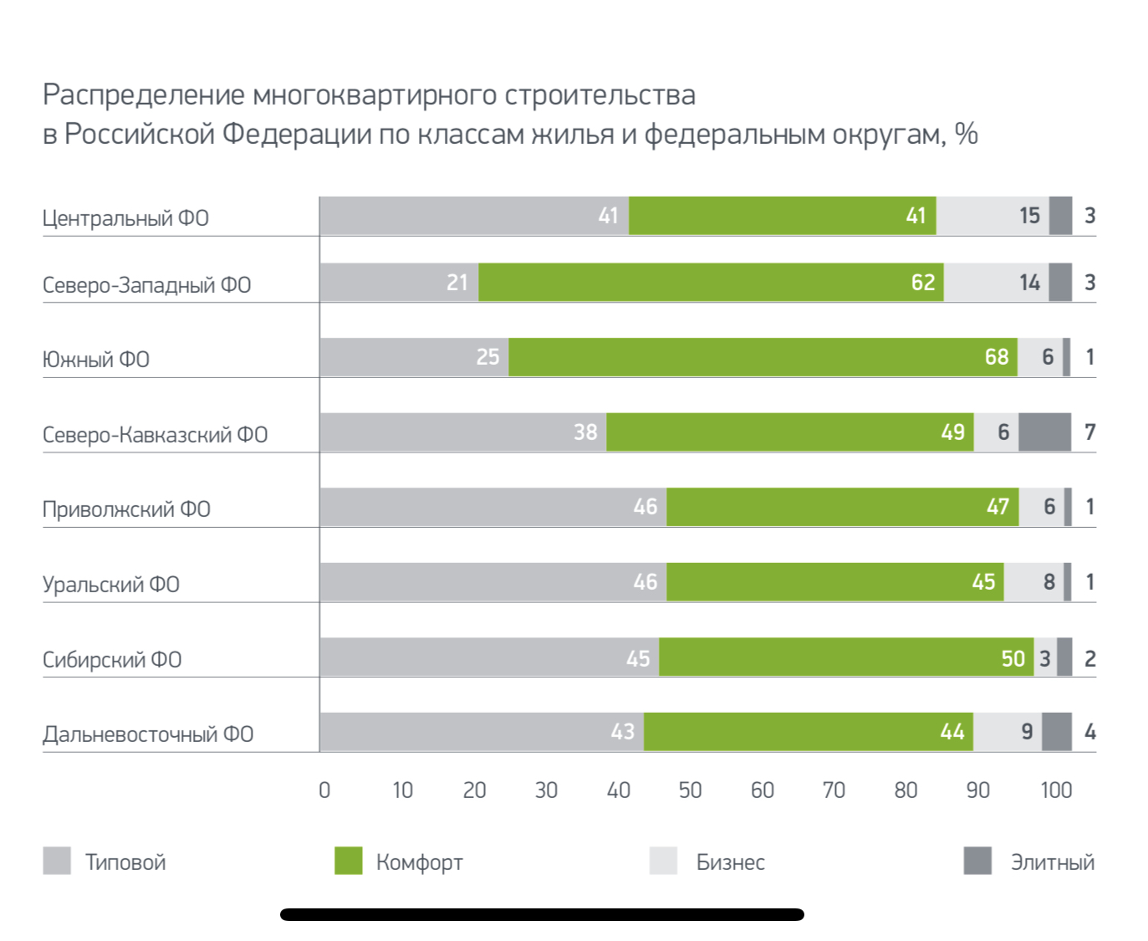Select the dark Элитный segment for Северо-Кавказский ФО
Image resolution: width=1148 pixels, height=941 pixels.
pyautogui.click(x=1044, y=432)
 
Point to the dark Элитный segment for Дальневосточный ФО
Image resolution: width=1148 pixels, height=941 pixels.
pyautogui.click(x=1057, y=732)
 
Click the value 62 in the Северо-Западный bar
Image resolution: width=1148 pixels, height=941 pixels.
pyautogui.click(x=923, y=283)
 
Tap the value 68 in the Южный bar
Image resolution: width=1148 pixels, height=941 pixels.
pyautogui.click(x=997, y=357)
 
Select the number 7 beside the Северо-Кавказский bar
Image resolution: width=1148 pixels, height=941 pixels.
pyautogui.click(x=1089, y=432)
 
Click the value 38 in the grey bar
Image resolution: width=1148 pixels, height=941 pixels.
pyautogui.click(x=585, y=432)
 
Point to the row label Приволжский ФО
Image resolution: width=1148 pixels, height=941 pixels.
pyautogui.click(x=126, y=509)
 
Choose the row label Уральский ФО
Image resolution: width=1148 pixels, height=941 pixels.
pyautogui.click(x=111, y=584)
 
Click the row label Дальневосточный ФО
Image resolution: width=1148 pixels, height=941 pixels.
pyautogui.click(x=148, y=734)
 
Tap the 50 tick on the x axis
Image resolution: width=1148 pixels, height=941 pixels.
pyautogui.click(x=690, y=790)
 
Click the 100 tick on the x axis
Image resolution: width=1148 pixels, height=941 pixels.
pyautogui.click(x=1056, y=790)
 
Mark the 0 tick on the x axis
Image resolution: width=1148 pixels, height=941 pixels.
pyautogui.click(x=324, y=790)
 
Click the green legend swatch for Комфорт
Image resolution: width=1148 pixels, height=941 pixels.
pyautogui.click(x=348, y=861)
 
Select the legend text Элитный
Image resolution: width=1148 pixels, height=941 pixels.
pyautogui.click(x=1052, y=862)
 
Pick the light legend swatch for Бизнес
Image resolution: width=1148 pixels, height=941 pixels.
pyautogui.click(x=663, y=861)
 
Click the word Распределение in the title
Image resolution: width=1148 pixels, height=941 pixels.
pyautogui.click(x=144, y=95)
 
